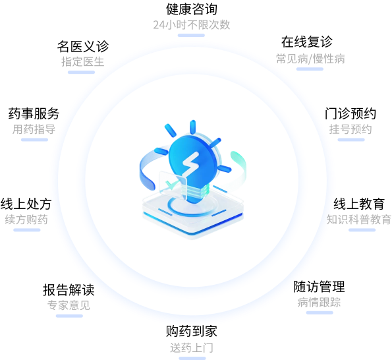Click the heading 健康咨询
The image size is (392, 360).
click(x=192, y=9)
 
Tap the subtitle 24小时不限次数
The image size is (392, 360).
click(x=192, y=25)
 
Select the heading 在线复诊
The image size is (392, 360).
click(x=307, y=42)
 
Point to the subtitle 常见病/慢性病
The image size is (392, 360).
click(x=310, y=59)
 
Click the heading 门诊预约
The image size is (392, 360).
click(x=350, y=113)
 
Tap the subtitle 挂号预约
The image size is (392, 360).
click(x=350, y=129)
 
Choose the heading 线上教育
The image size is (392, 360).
click(x=359, y=204)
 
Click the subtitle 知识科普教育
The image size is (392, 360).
click(x=359, y=220)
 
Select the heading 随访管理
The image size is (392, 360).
click(x=319, y=287)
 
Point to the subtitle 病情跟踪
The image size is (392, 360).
click(x=319, y=302)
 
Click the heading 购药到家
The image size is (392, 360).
click(x=192, y=331)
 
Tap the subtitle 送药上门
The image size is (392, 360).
click(x=192, y=347)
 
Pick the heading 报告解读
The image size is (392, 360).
click(x=69, y=290)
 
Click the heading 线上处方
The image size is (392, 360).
click(x=26, y=204)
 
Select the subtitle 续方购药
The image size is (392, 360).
click(x=26, y=220)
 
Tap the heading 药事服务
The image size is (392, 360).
click(x=34, y=113)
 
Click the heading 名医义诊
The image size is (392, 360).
click(x=83, y=46)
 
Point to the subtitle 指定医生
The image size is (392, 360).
click(x=83, y=62)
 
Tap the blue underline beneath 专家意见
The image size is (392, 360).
click(x=69, y=316)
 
